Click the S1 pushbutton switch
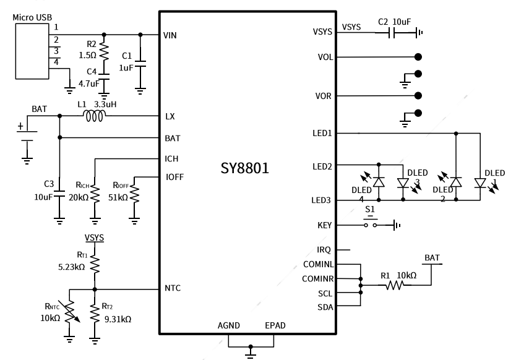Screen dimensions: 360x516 click(370, 225)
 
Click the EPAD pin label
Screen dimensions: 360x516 click(275, 325)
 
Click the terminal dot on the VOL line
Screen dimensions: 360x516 click(418, 56)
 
